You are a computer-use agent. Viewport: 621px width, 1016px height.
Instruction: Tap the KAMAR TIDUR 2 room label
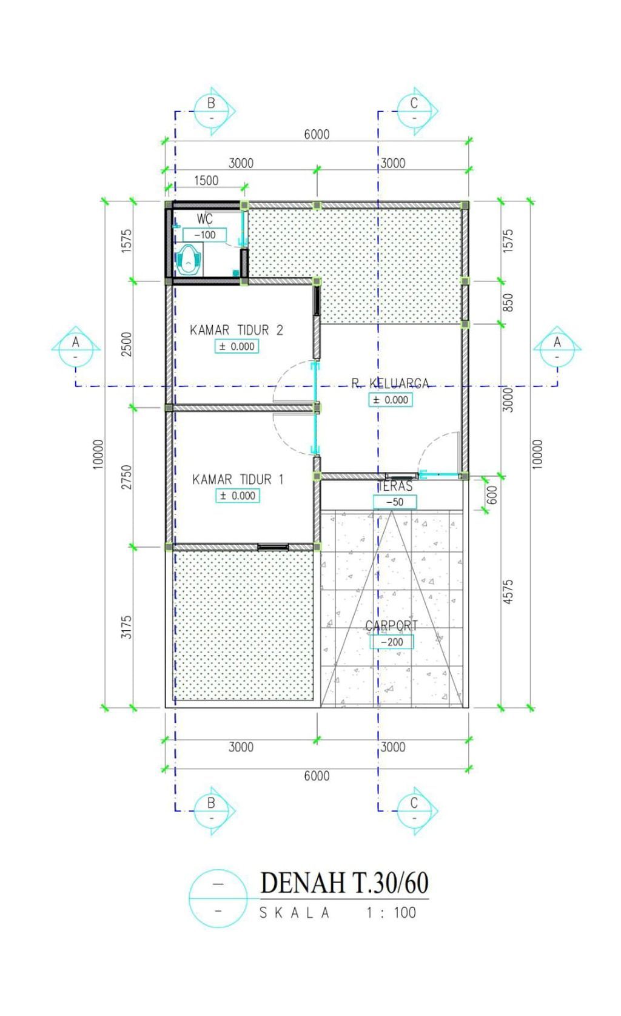coord(237,330)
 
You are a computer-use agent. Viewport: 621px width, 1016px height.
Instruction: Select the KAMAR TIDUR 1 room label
coord(238,479)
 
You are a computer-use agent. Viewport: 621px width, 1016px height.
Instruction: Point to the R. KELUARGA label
coord(390,383)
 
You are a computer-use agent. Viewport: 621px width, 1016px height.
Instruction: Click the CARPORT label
coord(392,625)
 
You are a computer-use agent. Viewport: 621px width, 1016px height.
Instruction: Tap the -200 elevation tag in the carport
coord(392,642)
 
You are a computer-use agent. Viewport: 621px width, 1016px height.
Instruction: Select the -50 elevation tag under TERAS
coord(395,502)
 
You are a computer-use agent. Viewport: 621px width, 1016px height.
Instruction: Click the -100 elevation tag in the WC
coord(204,235)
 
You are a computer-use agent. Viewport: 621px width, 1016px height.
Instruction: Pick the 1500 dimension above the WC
coord(206,181)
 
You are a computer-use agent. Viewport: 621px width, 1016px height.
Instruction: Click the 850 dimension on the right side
coord(508,303)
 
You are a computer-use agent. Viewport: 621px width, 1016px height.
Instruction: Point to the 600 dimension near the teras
coord(492,495)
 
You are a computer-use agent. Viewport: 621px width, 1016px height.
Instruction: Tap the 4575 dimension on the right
coord(508,591)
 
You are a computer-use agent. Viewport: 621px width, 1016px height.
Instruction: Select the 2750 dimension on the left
coord(127,477)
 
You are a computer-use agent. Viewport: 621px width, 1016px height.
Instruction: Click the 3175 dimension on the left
coord(127,627)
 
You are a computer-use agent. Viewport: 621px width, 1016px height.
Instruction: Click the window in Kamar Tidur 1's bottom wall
coord(273,547)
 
